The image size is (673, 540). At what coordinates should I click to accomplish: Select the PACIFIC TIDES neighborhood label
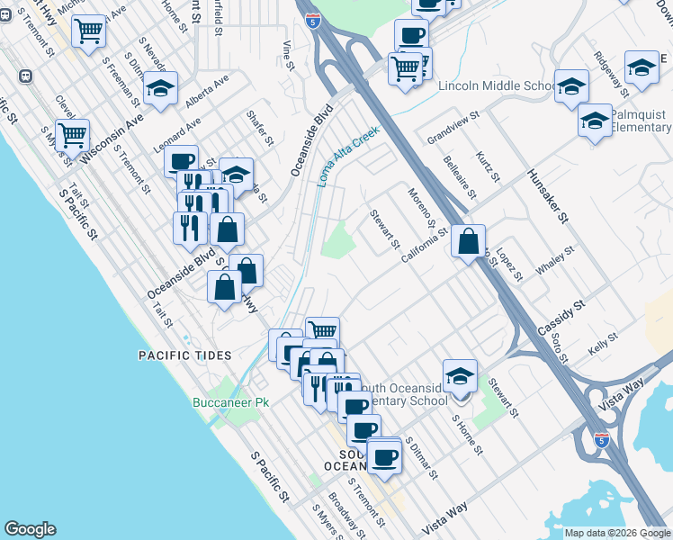[184, 355]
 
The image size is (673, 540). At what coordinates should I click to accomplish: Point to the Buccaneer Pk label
[231, 402]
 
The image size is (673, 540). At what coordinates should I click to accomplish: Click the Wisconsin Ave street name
[112, 138]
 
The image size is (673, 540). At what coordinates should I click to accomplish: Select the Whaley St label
[554, 262]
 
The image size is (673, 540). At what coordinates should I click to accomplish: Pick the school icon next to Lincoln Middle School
[571, 86]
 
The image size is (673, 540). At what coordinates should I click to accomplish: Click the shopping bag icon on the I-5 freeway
[469, 241]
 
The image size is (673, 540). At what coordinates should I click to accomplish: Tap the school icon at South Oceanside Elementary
[460, 376]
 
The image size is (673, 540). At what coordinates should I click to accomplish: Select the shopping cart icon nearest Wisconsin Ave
[72, 136]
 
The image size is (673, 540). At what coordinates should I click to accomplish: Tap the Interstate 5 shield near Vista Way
[601, 440]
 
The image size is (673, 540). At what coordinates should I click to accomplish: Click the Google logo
[30, 529]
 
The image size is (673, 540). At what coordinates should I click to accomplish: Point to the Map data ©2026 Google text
[617, 533]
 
